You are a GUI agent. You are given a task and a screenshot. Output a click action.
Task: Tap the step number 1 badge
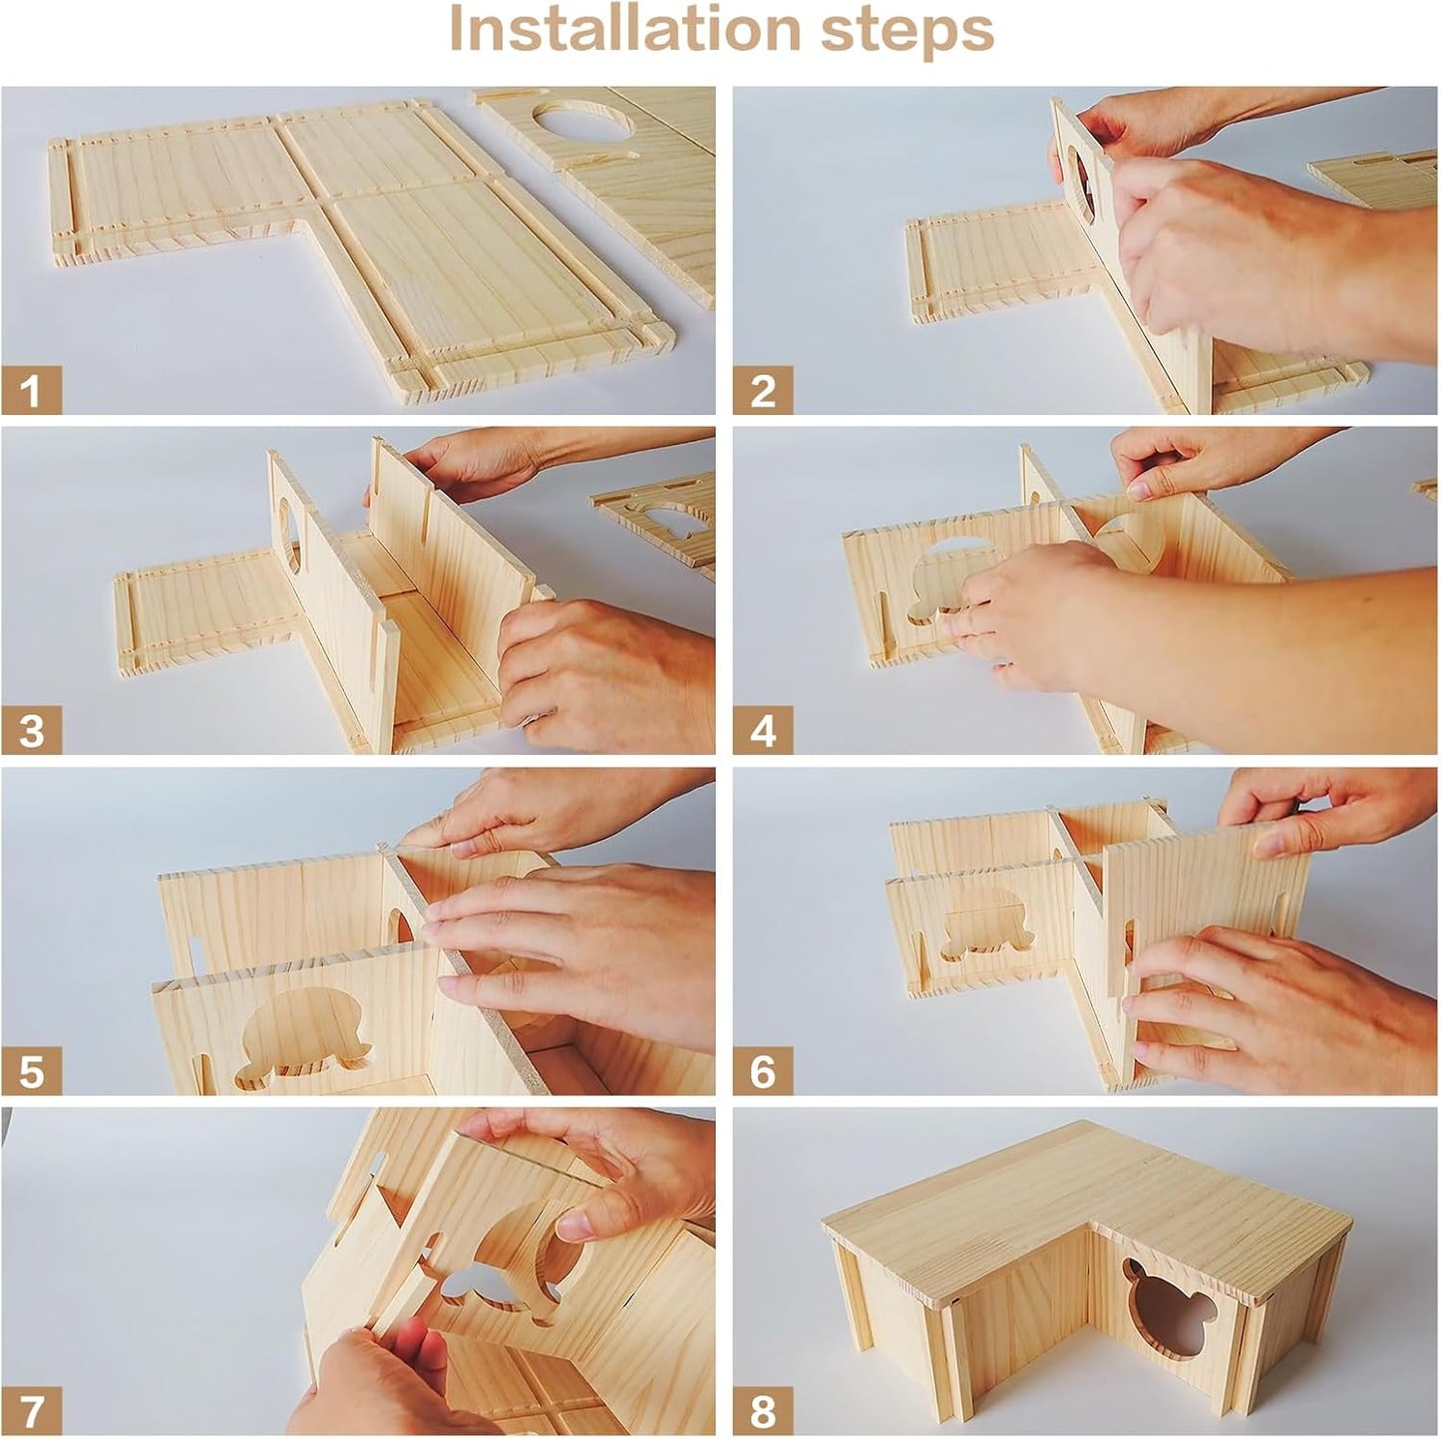point(31,389)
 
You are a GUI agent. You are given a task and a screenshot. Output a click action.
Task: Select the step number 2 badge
point(763,389)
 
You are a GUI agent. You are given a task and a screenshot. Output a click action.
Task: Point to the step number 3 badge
point(31,730)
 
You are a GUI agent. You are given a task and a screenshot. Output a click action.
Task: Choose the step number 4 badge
point(763,730)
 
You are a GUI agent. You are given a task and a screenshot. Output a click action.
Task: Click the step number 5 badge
point(31,1071)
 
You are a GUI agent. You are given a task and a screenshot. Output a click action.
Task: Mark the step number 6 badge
point(763,1071)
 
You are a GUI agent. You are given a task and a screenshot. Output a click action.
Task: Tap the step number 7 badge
point(31,1411)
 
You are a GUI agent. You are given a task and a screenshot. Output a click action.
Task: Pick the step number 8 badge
point(763,1411)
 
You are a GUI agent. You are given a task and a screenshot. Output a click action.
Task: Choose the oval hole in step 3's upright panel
point(288,533)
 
